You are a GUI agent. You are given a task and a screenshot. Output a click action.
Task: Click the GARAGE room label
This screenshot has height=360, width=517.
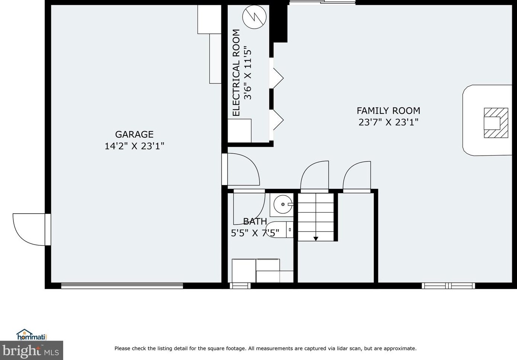point(134,134)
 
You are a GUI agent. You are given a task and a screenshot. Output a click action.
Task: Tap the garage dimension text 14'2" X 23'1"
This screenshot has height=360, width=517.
point(134,146)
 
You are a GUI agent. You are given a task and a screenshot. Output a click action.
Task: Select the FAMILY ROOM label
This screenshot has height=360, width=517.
point(388,111)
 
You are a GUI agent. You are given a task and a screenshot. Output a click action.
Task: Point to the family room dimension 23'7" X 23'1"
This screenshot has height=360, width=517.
point(388,122)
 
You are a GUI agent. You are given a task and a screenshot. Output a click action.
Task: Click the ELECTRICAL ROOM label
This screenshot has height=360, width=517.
point(236,73)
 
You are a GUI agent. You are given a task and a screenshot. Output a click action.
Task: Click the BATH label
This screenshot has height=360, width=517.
point(255,222)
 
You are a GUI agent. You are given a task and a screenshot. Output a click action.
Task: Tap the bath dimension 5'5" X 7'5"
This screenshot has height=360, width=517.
point(255,233)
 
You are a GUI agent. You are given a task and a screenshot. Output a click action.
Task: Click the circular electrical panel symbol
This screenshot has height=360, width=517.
point(254,17)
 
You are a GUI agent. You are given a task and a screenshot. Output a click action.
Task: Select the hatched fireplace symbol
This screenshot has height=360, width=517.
point(495,123)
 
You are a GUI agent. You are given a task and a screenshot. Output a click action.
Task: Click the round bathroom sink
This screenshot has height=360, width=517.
point(283,204)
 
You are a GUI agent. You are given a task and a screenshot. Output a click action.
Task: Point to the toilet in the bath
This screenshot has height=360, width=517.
point(280,230)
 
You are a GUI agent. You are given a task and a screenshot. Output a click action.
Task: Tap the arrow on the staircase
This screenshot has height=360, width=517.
point(316,238)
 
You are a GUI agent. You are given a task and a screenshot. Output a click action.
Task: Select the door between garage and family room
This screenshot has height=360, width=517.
point(241,169)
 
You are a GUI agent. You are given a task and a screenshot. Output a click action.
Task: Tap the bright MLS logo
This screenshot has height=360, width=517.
point(31,350)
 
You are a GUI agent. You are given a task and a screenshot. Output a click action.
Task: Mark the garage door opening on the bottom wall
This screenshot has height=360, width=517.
point(122,286)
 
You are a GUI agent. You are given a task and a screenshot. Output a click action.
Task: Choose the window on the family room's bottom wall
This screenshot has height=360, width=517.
point(448,286)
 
